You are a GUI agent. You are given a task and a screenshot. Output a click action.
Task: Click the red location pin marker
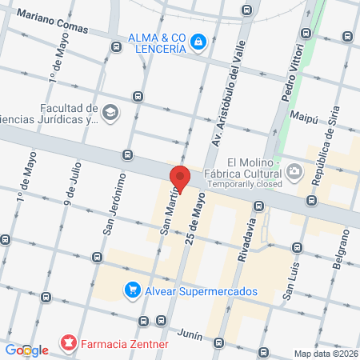click(179, 178)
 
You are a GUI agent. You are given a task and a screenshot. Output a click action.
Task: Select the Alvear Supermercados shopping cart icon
click(132, 290)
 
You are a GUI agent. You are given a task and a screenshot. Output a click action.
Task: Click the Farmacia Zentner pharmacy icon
click(70, 345)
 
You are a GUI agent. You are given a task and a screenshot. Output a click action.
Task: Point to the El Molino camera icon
click(295, 170)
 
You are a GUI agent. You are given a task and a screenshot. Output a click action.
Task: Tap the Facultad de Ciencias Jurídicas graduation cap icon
click(110, 113)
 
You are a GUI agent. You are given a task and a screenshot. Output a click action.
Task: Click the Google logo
click(27, 350)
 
